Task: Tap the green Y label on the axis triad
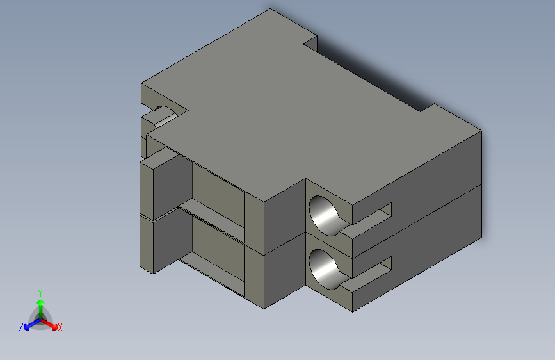(40, 291)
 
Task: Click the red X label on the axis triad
(60, 327)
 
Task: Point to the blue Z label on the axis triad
(21, 327)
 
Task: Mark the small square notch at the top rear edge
(310, 43)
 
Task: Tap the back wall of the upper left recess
(218, 192)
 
